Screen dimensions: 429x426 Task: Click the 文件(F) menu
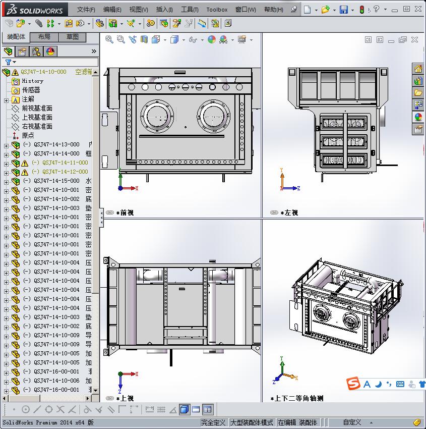pyautogui.click(x=86, y=10)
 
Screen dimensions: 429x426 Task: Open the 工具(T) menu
pyautogui.click(x=190, y=10)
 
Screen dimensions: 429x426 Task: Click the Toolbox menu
pyautogui.click(x=217, y=10)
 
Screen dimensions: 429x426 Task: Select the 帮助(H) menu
pyautogui.click(x=274, y=10)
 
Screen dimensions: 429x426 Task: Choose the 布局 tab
pyautogui.click(x=44, y=37)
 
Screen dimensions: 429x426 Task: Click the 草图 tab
pyautogui.click(x=73, y=37)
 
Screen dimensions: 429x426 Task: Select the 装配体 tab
pyautogui.click(x=16, y=37)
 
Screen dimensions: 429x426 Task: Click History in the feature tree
pyautogui.click(x=32, y=81)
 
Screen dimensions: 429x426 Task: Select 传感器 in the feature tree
pyautogui.click(x=31, y=90)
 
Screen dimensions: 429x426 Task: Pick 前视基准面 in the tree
pyautogui.click(x=37, y=108)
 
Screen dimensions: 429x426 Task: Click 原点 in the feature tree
pyautogui.click(x=28, y=135)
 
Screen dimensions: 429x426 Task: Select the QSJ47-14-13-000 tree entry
pyautogui.click(x=56, y=144)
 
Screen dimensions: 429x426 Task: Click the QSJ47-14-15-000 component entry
pyautogui.click(x=56, y=181)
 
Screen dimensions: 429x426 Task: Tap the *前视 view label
pyautogui.click(x=125, y=213)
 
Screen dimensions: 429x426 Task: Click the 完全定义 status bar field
pyautogui.click(x=214, y=422)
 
